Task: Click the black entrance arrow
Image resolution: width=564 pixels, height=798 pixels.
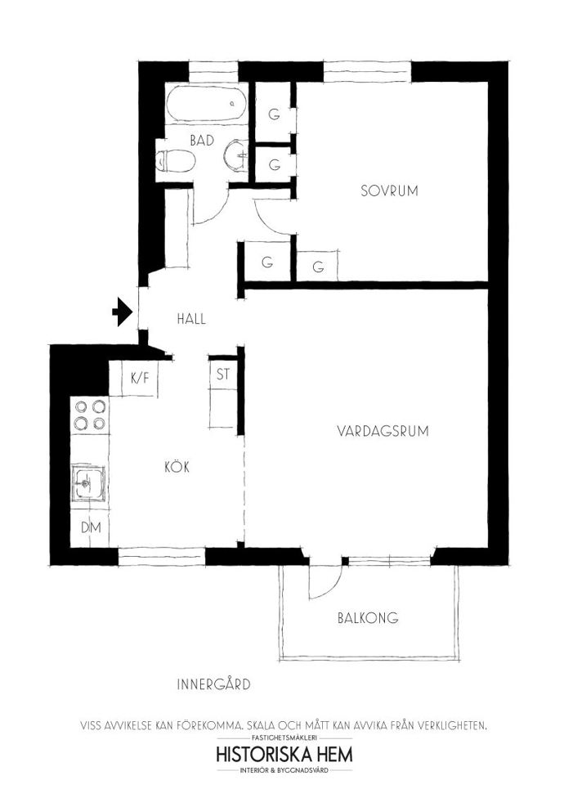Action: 123,312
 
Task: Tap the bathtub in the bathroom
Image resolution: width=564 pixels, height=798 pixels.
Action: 206,103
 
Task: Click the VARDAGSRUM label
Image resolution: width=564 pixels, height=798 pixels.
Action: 383,431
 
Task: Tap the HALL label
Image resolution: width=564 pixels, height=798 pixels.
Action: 191,319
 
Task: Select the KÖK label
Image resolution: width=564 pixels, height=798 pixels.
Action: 177,466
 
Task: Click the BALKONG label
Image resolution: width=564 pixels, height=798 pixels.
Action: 368,618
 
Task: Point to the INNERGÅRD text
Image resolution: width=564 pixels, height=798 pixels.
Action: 213,684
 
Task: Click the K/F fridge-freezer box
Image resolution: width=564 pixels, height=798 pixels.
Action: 140,379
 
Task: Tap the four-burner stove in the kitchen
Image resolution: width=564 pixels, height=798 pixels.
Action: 90,415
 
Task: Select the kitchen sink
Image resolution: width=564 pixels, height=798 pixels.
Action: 88,482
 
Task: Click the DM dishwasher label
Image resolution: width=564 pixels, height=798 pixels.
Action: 91,527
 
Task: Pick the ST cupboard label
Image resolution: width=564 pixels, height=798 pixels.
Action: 223,374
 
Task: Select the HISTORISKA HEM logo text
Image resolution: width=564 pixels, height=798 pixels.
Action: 284,754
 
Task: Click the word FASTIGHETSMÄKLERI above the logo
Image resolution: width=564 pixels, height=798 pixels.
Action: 284,737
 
